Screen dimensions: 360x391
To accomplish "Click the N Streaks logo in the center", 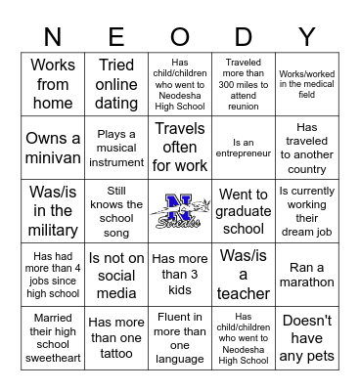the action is pyautogui.click(x=179, y=211).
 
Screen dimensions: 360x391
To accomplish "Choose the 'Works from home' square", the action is pyautogui.click(x=53, y=84).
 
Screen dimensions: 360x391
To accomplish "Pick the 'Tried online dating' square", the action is pyautogui.click(x=116, y=84).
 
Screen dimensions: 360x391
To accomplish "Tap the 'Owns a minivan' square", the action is pyautogui.click(x=53, y=148).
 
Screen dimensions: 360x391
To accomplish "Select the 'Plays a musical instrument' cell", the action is pyautogui.click(x=116, y=148).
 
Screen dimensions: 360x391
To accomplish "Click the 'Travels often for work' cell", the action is pyautogui.click(x=179, y=148).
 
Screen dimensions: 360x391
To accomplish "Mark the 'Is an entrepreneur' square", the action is pyautogui.click(x=243, y=148).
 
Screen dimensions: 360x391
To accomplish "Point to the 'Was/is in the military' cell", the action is pyautogui.click(x=53, y=211).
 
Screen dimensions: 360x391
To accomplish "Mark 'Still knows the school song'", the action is pyautogui.click(x=116, y=211).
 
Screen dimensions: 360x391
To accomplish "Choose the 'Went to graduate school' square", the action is pyautogui.click(x=243, y=211).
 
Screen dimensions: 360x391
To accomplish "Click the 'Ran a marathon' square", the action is pyautogui.click(x=306, y=275).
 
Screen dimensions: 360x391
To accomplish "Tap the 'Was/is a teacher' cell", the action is pyautogui.click(x=243, y=275).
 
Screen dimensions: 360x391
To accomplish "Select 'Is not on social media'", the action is pyautogui.click(x=116, y=275).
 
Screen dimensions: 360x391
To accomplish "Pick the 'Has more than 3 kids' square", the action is pyautogui.click(x=179, y=275).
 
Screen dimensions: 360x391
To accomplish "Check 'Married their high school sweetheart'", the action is pyautogui.click(x=53, y=337).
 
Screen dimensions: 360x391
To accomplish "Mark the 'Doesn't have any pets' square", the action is pyautogui.click(x=306, y=337).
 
